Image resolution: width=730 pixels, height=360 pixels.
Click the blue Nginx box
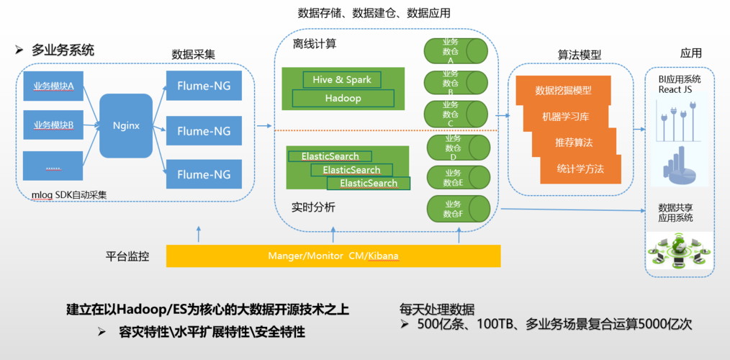126,125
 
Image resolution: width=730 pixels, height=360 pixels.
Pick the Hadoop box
343,98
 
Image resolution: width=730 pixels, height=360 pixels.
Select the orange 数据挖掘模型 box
563,91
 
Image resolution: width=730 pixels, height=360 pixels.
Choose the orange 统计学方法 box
580,169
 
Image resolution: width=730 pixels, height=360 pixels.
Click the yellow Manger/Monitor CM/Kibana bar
333,256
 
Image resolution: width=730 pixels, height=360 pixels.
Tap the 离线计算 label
314,44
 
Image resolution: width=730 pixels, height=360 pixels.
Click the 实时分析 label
313,207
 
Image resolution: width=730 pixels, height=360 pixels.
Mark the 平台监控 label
127,256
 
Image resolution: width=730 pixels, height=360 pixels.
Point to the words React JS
675,90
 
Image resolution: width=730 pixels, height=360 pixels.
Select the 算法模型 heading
580,55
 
